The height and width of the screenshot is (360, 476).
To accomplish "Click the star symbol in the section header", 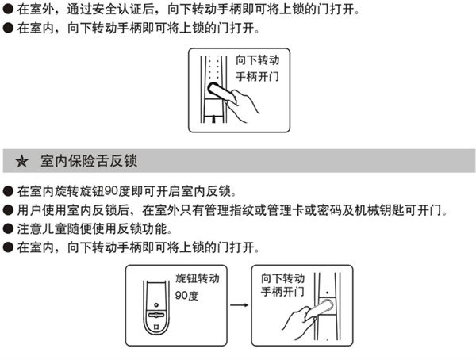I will pos(22,162).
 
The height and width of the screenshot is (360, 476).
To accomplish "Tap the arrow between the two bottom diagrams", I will pos(236,304).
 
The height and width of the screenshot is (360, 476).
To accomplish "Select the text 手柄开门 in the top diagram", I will pos(259,79).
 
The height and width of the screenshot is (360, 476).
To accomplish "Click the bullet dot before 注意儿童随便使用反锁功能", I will pos(8,230).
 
